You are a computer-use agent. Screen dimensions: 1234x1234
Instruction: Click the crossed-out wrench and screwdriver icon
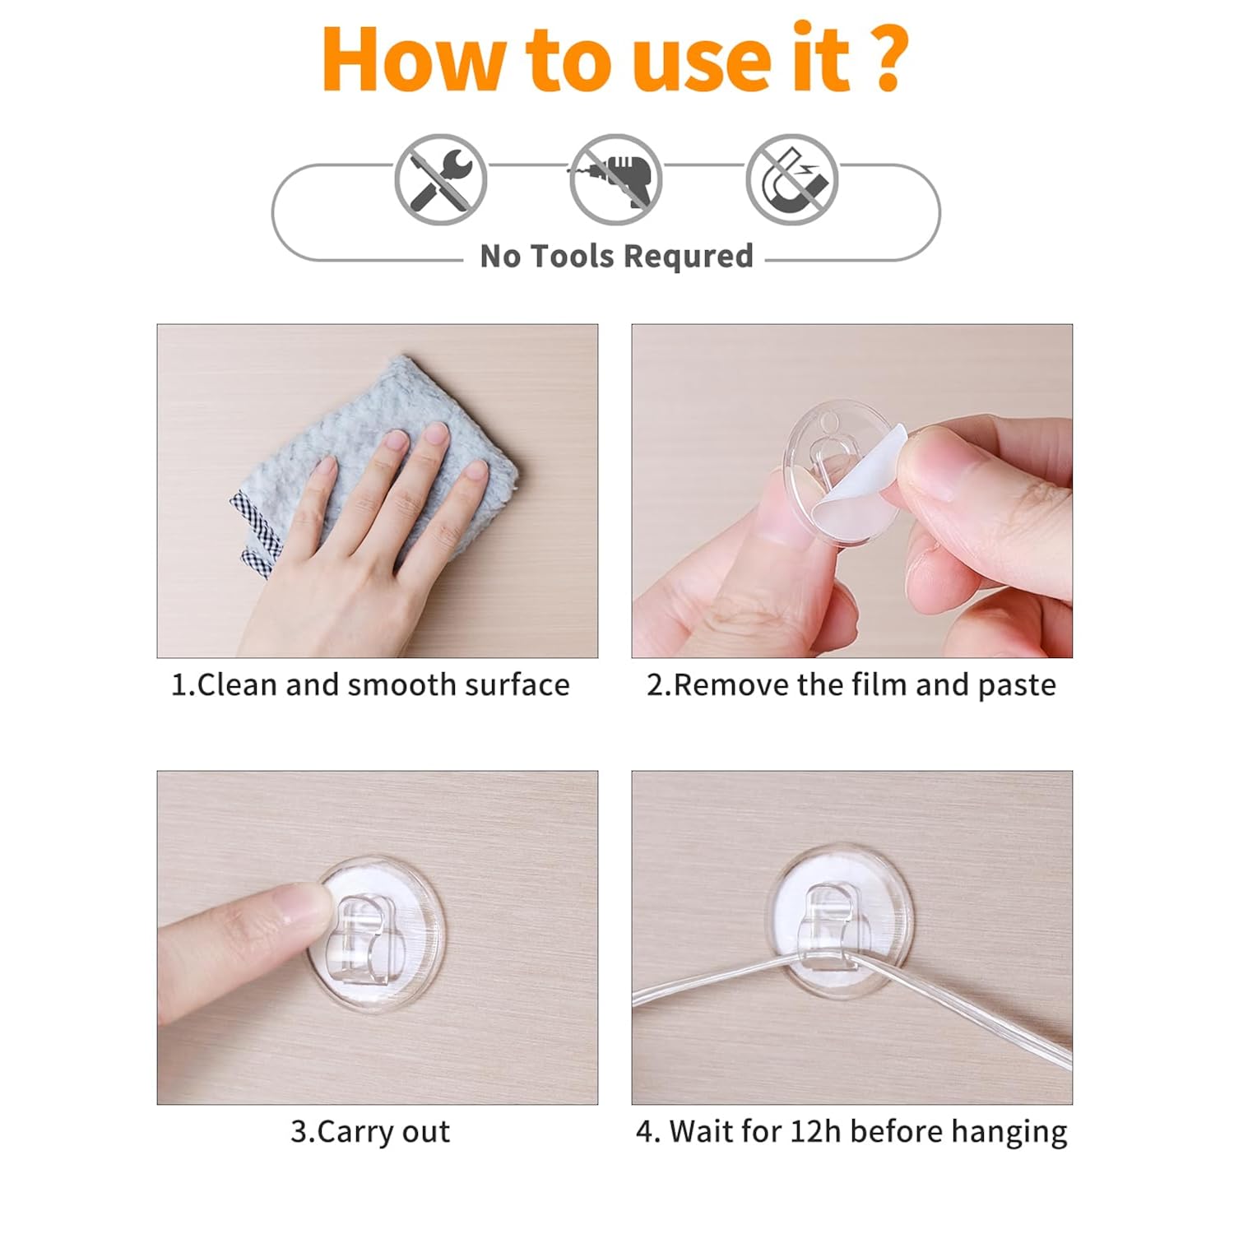coord(441,180)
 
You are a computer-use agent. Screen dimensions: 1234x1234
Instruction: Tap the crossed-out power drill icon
coord(616,180)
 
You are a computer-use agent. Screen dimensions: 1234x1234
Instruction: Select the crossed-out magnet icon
coord(792,180)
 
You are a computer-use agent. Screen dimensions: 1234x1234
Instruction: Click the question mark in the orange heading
coord(888,59)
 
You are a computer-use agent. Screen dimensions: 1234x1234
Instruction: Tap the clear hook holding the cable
coord(831,925)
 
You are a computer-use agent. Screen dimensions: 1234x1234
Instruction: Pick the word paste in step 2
coord(1016,686)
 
